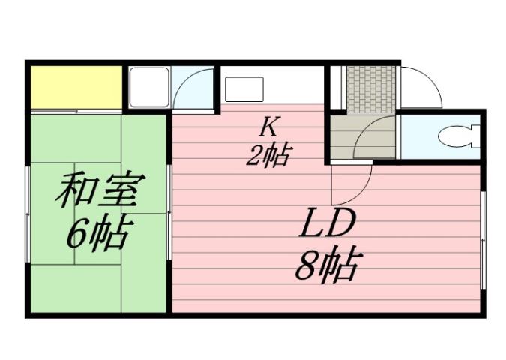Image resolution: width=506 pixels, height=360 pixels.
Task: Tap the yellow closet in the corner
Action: coord(75,87)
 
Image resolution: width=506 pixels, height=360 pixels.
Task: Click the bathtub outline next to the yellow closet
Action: coord(148,88)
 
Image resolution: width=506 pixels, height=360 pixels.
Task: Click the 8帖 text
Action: coord(328,264)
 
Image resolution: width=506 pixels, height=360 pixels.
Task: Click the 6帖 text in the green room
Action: coord(97,235)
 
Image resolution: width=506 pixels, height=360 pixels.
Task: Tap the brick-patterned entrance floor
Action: coord(370,88)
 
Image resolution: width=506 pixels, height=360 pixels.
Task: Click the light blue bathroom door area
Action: coord(193,88)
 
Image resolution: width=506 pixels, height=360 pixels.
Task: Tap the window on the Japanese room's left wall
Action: coord(28,214)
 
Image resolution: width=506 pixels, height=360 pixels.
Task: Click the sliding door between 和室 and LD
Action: coord(169,214)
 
